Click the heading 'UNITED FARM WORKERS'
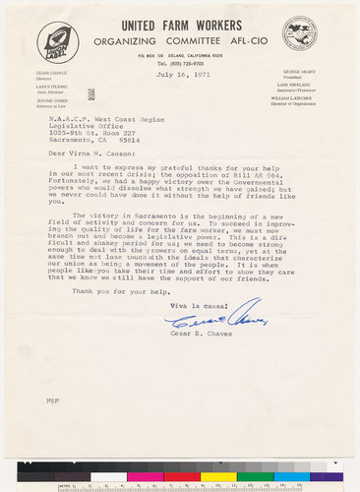176,24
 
